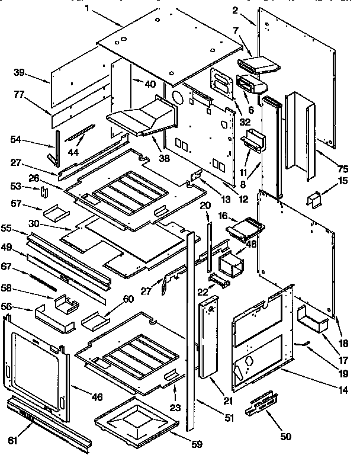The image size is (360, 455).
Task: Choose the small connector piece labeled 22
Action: point(217,280)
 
